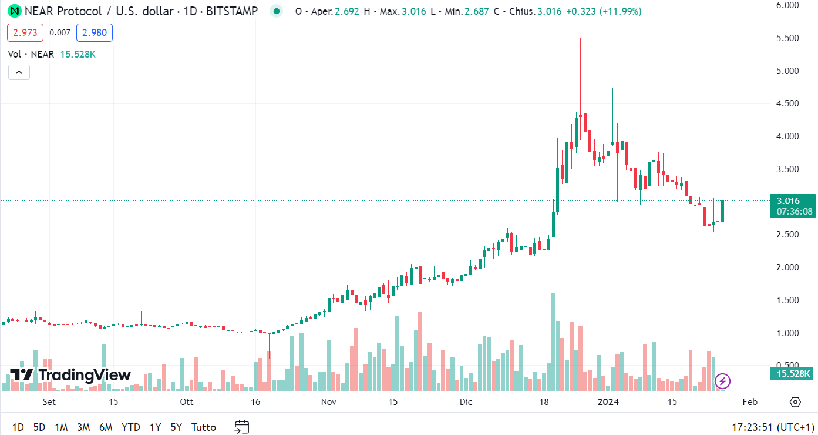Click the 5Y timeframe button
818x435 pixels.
pyautogui.click(x=176, y=427)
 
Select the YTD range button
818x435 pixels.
pyautogui.click(x=130, y=427)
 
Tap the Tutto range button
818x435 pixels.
pyautogui.click(x=204, y=427)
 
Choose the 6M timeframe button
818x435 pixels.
pyautogui.click(x=106, y=427)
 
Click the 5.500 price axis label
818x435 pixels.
pyautogui.click(x=787, y=38)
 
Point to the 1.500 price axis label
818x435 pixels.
pyautogui.click(x=787, y=300)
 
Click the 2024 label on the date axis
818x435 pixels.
pyautogui.click(x=608, y=402)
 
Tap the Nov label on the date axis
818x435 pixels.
pyautogui.click(x=329, y=402)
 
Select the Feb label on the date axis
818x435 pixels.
pyautogui.click(x=750, y=402)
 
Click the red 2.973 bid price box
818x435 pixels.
pyautogui.click(x=25, y=33)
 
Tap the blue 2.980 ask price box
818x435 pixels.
pyautogui.click(x=95, y=33)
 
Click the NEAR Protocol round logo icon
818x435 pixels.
pyautogui.click(x=14, y=11)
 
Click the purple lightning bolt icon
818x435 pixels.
pyautogui.click(x=722, y=382)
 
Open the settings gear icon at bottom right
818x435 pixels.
pyautogui.click(x=795, y=402)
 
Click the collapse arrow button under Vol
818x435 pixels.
pyautogui.click(x=19, y=72)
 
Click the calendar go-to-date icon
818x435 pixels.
pyautogui.click(x=242, y=427)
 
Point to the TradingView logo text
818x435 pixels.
pyautogui.click(x=70, y=375)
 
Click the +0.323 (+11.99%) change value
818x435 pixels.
pyautogui.click(x=604, y=11)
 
